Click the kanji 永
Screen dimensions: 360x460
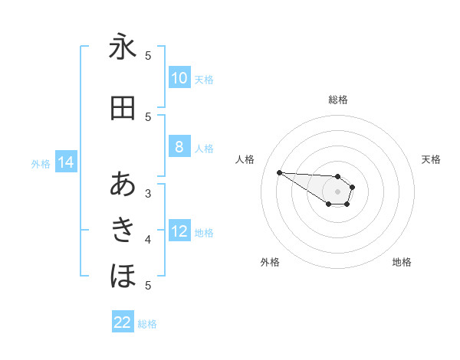pyautogui.click(x=123, y=47)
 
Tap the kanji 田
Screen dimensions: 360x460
pyautogui.click(x=123, y=108)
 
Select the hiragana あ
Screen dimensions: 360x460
pyautogui.click(x=123, y=185)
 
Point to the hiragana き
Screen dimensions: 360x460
pyautogui.click(x=123, y=229)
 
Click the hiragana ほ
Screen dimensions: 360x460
pyautogui.click(x=123, y=274)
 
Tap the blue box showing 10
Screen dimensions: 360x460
pyautogui.click(x=179, y=78)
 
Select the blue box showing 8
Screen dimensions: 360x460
pyautogui.click(x=179, y=148)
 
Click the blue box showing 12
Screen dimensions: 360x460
pyautogui.click(x=179, y=232)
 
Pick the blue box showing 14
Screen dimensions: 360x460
pyautogui.click(x=65, y=162)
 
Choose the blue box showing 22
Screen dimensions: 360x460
pyautogui.click(x=123, y=322)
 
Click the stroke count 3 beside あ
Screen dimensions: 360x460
pyautogui.click(x=148, y=193)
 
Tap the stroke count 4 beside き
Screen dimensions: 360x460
pyautogui.click(x=148, y=240)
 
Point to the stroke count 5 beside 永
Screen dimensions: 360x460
pyautogui.click(x=148, y=55)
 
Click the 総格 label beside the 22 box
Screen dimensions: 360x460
pyautogui.click(x=147, y=324)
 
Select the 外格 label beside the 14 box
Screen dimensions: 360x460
pyautogui.click(x=41, y=164)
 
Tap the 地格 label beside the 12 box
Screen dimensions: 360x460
pyautogui.click(x=204, y=233)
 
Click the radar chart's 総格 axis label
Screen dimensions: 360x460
pyautogui.click(x=338, y=100)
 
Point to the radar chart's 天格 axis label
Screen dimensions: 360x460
pyautogui.click(x=432, y=159)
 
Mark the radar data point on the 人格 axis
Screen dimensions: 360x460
pyautogui.click(x=279, y=172)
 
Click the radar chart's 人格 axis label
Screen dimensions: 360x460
pyautogui.click(x=245, y=159)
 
